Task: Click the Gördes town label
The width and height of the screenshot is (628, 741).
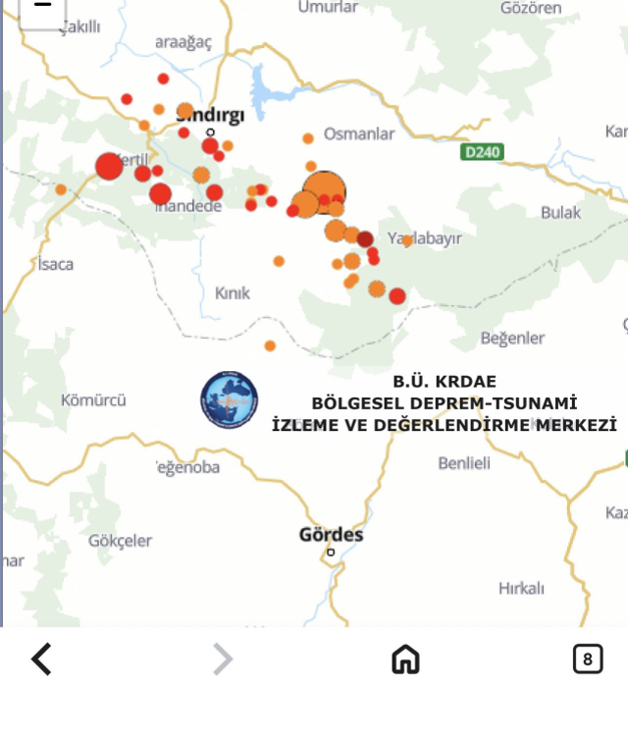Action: click(331, 535)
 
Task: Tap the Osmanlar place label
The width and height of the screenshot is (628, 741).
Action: click(359, 133)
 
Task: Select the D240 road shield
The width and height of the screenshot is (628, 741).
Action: click(482, 152)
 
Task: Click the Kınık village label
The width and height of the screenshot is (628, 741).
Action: click(233, 292)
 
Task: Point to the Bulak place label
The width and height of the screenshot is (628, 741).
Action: click(560, 212)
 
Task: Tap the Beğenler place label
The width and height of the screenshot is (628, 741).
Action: click(512, 338)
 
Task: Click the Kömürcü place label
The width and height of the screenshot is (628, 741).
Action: click(93, 399)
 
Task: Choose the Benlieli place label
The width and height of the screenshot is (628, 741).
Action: click(464, 462)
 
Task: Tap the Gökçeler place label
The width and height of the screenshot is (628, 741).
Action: click(120, 540)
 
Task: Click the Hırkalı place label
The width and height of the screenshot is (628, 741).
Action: click(521, 588)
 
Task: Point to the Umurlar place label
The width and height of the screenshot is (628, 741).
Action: click(328, 7)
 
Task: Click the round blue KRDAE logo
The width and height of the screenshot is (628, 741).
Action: click(230, 399)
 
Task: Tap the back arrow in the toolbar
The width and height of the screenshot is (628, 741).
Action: click(41, 660)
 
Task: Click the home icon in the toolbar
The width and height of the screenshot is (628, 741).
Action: click(405, 660)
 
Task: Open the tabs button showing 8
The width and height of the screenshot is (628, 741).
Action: click(587, 660)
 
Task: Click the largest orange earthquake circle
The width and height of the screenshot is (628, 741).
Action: click(324, 191)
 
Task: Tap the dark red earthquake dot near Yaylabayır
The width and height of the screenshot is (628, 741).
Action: click(365, 238)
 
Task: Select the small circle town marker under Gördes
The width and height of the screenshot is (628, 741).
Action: click(331, 553)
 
